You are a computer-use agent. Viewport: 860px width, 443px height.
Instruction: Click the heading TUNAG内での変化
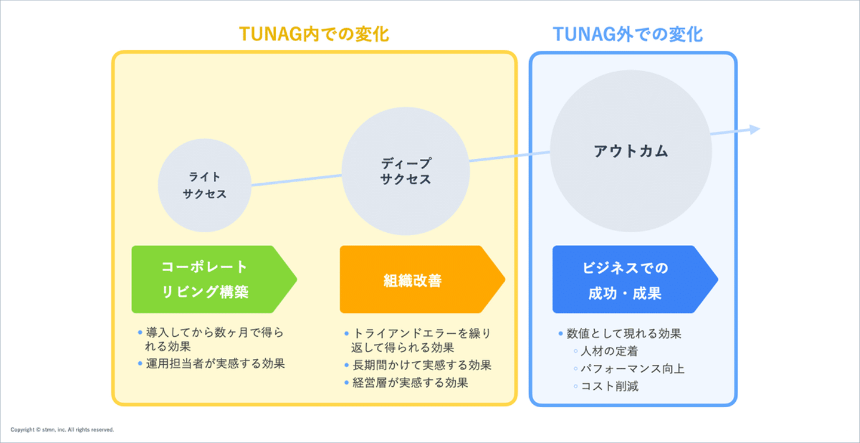click(314, 34)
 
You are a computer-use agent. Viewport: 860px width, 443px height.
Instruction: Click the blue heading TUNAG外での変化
click(628, 34)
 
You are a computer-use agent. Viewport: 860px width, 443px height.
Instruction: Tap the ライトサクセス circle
click(205, 186)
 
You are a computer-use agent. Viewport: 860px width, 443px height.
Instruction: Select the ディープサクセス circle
click(406, 171)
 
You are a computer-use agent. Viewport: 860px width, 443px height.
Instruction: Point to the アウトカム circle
click(631, 151)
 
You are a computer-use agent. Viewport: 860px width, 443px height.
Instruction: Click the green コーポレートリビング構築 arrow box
click(214, 279)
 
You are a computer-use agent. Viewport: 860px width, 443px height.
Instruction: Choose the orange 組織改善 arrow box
click(422, 279)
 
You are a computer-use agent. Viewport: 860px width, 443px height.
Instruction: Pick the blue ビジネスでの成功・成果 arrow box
click(635, 279)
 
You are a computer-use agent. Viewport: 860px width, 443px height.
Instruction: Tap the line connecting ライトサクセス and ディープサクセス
click(296, 180)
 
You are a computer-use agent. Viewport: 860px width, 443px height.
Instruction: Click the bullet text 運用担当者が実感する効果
click(216, 364)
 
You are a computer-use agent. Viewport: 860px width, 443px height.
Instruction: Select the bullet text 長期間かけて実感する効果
click(422, 365)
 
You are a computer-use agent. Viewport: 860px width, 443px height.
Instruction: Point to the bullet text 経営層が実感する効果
click(410, 383)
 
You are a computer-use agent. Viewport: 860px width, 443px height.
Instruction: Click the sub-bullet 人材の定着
click(609, 351)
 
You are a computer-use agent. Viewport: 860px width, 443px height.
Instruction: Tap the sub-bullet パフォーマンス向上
click(632, 368)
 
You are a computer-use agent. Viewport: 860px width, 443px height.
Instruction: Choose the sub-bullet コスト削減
click(610, 386)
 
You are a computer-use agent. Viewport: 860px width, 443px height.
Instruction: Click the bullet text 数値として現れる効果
click(624, 334)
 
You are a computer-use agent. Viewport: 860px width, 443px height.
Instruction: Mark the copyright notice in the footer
click(62, 429)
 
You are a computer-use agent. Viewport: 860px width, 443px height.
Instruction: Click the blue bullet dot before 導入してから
click(140, 333)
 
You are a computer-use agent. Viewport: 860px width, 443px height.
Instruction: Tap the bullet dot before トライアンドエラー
click(346, 334)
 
